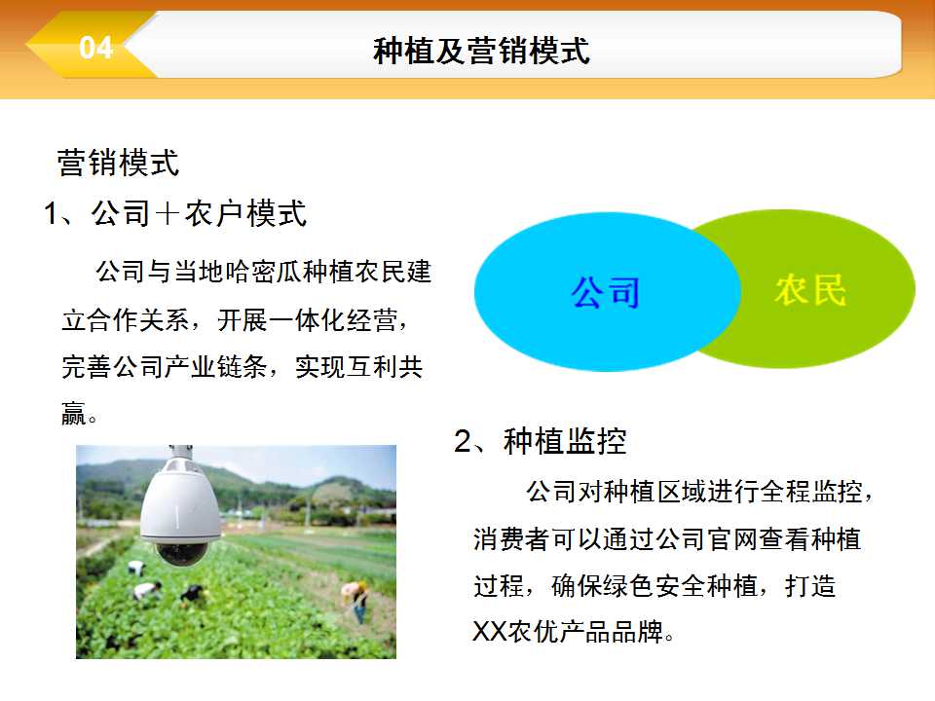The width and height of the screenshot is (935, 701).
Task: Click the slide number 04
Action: coord(96,48)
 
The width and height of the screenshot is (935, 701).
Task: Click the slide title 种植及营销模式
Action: coord(481,50)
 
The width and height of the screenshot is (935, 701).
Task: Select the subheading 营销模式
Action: coord(118,163)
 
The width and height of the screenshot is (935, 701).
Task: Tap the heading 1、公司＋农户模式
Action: coord(175,213)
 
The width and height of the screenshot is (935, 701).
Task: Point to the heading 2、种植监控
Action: coord(541,441)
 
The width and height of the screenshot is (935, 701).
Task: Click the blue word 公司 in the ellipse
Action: coord(605,292)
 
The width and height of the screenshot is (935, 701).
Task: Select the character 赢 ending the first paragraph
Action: coord(74,413)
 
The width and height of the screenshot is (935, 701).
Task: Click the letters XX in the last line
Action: coord(490,631)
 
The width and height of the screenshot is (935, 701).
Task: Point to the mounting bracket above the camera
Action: coord(180,451)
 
